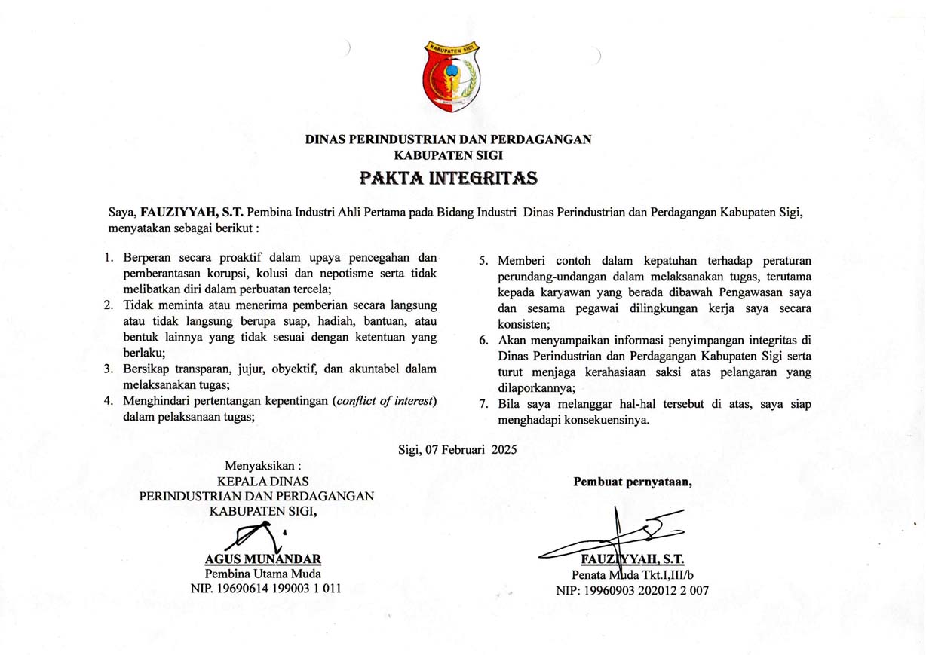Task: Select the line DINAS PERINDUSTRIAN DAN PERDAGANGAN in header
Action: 448,139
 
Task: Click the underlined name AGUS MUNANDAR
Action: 263,559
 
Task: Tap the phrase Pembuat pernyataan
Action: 633,482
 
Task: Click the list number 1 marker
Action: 109,257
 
